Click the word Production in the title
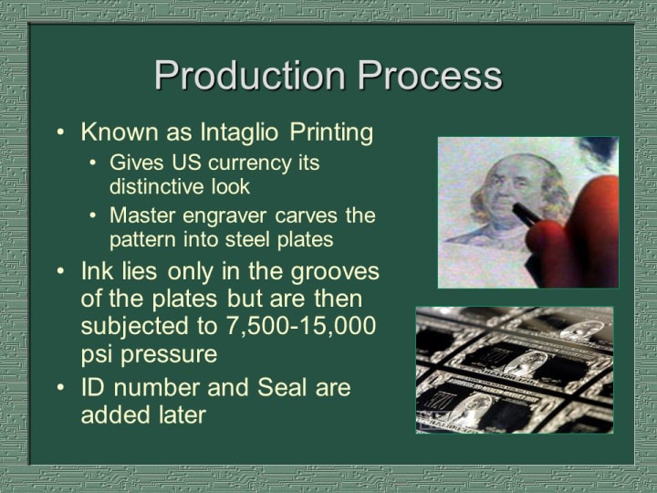pos(250,76)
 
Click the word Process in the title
pos(430,76)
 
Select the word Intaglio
pos(239,133)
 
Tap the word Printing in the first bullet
pos(331,133)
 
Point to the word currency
pos(250,163)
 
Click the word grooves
pos(335,272)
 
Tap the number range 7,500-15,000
pos(301,326)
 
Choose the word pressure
pos(169,355)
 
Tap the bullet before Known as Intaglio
pos(61,132)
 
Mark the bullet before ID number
pos(61,387)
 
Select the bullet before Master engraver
pos(93,216)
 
